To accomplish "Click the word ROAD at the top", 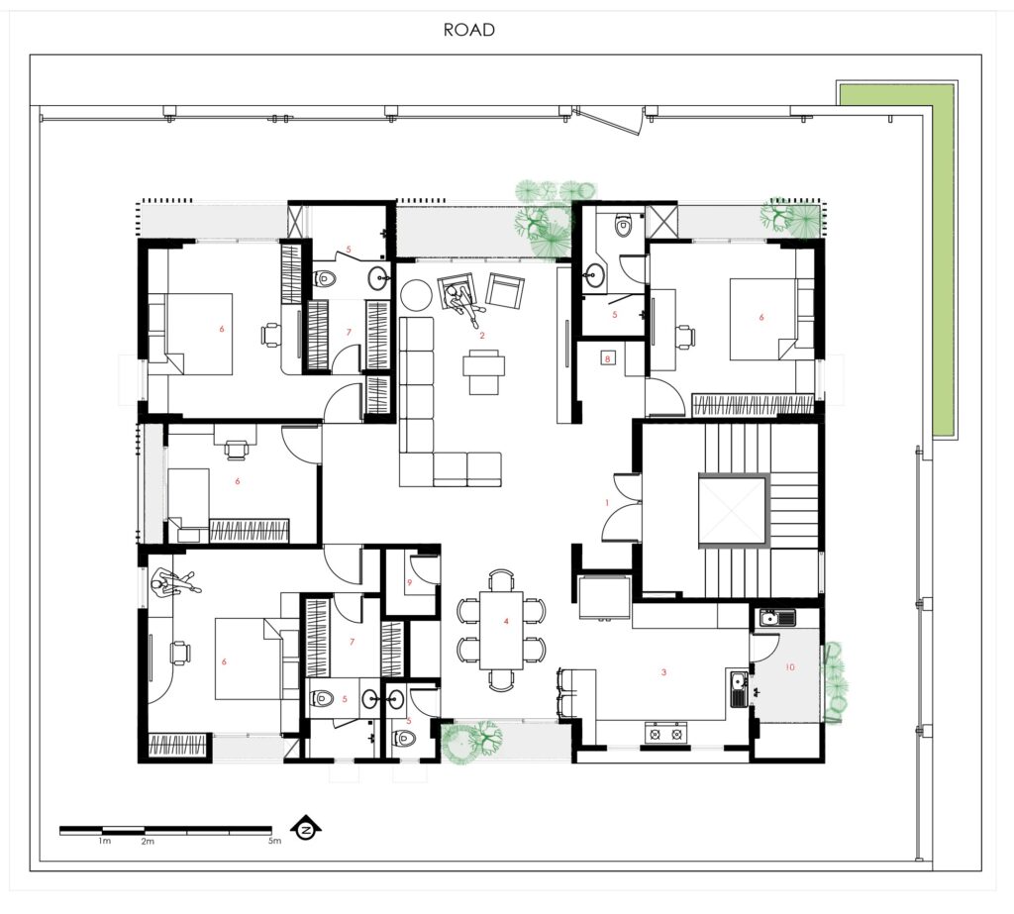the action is tap(468, 30).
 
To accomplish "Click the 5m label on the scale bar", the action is tap(275, 841).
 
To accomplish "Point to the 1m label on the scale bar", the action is tap(105, 841).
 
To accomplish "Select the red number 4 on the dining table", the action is tap(506, 621).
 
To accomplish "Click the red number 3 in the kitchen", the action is tap(663, 672).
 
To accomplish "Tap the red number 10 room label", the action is tap(789, 666).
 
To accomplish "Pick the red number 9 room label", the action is tap(409, 582).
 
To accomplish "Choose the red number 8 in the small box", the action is tap(607, 357).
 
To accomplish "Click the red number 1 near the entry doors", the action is tap(607, 503).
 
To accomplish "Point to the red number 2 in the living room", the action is tap(482, 335).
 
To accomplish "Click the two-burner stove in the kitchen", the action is tap(664, 734).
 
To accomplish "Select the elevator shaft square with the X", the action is tap(734, 509).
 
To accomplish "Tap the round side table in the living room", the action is tap(417, 294).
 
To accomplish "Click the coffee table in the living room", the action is tap(483, 371).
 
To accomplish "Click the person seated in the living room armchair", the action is tap(462, 301).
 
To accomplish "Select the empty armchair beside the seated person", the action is tap(504, 290).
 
